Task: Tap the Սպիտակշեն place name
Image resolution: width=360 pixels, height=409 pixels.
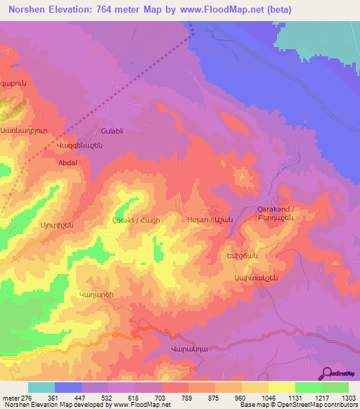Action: (252, 278)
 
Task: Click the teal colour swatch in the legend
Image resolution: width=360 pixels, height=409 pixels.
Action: (41, 387)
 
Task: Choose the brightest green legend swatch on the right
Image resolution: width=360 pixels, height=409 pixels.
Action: (335, 387)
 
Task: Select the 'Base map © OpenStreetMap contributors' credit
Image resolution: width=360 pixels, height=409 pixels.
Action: (297, 405)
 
